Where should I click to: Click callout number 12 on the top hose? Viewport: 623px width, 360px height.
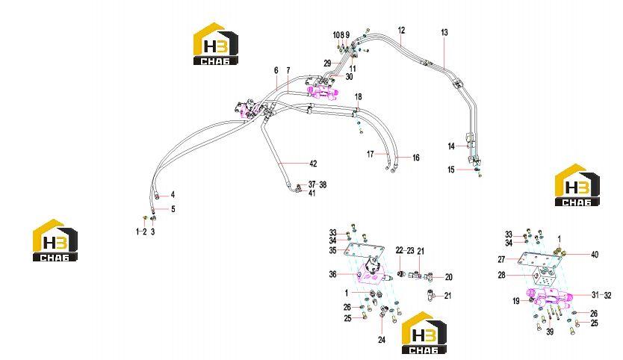point(401,30)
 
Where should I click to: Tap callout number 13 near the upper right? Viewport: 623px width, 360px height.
point(444,32)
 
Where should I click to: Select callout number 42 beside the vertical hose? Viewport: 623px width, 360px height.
point(313,164)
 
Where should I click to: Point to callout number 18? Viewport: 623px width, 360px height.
point(359,96)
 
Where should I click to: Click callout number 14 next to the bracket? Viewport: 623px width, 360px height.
point(451,146)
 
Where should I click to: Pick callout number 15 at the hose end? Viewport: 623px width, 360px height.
point(451,170)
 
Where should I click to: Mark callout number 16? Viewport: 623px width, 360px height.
point(415,158)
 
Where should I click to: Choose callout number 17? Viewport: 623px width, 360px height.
point(371,154)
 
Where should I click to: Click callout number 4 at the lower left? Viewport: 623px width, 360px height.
point(173,195)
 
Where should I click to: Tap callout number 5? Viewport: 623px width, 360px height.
point(173,209)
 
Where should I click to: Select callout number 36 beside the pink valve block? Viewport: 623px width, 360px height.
point(332,274)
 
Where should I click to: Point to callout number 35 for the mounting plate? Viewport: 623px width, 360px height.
point(332,250)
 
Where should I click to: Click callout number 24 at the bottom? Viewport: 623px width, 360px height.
point(382,340)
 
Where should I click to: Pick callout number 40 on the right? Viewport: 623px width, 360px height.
point(595,254)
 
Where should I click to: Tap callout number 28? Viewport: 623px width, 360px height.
point(502,275)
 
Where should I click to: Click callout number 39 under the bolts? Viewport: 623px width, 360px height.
point(550,332)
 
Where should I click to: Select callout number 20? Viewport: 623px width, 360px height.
point(449,277)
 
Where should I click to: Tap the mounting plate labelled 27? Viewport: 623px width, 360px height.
point(539,260)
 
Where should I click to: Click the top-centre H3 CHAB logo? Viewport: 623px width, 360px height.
point(216,44)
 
